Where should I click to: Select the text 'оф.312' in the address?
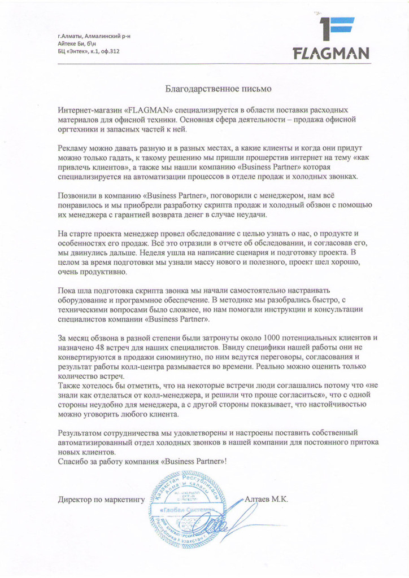tap(109, 51)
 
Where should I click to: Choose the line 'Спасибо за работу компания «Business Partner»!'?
tap(143, 461)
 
